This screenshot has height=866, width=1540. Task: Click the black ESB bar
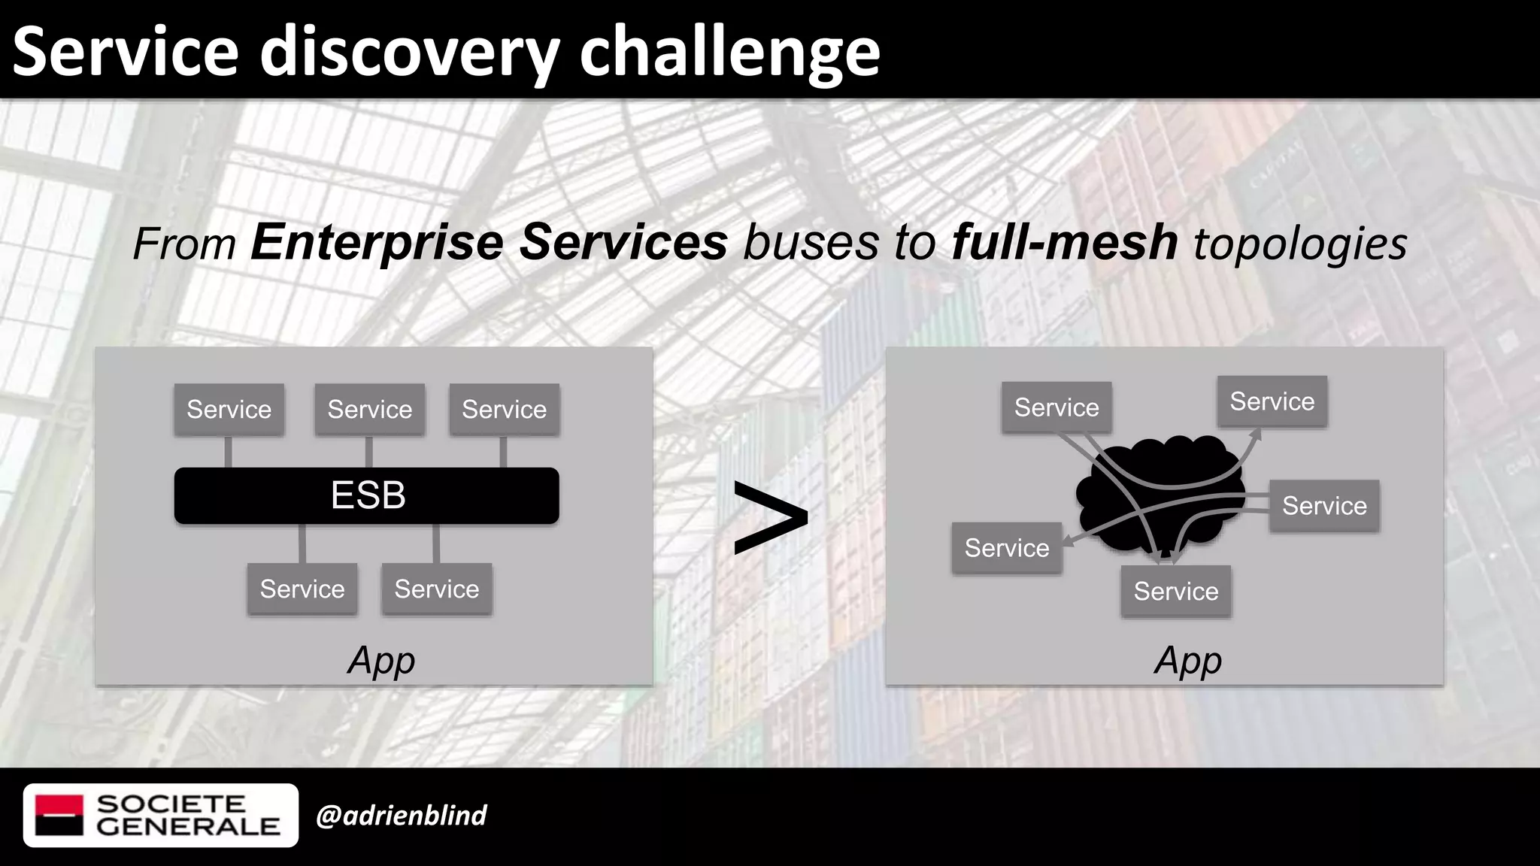coord(366,495)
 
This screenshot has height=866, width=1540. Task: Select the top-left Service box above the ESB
coord(229,410)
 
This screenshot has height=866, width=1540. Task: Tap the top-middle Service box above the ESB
coord(369,410)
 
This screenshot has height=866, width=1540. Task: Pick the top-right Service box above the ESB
coord(504,410)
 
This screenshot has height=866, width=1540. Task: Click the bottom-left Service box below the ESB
coord(302,589)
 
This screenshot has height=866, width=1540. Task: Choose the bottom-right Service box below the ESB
coord(436,589)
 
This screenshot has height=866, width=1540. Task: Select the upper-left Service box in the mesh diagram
coord(1056,407)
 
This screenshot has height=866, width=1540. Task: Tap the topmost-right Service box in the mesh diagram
coord(1272,401)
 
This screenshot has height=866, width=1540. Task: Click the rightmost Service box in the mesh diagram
coord(1323,506)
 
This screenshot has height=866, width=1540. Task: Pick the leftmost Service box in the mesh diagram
coord(1006,548)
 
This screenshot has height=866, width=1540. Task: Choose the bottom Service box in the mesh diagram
coord(1175,592)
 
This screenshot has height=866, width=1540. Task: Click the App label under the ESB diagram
coord(381,661)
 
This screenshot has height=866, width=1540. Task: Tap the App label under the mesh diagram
coord(1187,661)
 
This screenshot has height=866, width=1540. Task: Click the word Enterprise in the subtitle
coord(376,243)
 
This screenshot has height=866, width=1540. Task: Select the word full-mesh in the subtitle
coord(1064,243)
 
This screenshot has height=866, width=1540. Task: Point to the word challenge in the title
coord(729,51)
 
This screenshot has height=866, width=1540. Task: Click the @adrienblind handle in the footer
coord(401,816)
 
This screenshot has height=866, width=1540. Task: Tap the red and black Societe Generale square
coord(59,816)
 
